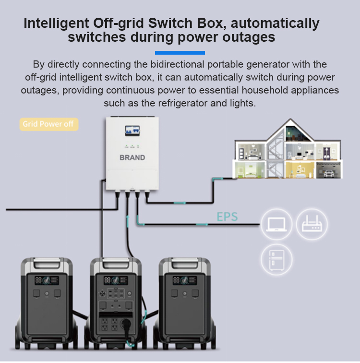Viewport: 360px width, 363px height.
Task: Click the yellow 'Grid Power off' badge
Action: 49,124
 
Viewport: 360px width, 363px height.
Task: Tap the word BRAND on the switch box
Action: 132,157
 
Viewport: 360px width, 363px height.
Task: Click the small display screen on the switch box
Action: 132,131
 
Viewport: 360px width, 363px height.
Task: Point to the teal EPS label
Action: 227,217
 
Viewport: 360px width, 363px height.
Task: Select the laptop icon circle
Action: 276,224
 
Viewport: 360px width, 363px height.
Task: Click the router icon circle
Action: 312,224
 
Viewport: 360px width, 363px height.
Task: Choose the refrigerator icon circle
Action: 276,259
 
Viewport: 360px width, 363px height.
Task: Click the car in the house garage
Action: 329,173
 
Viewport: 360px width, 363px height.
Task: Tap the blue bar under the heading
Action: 180,53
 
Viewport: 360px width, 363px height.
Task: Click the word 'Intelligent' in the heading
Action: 56,23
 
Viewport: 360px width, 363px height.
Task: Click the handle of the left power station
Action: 47,264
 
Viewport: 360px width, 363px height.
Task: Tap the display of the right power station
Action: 185,281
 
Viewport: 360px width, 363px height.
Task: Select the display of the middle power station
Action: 116,281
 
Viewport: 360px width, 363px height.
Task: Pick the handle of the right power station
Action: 185,264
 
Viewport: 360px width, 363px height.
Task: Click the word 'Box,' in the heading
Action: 212,23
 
